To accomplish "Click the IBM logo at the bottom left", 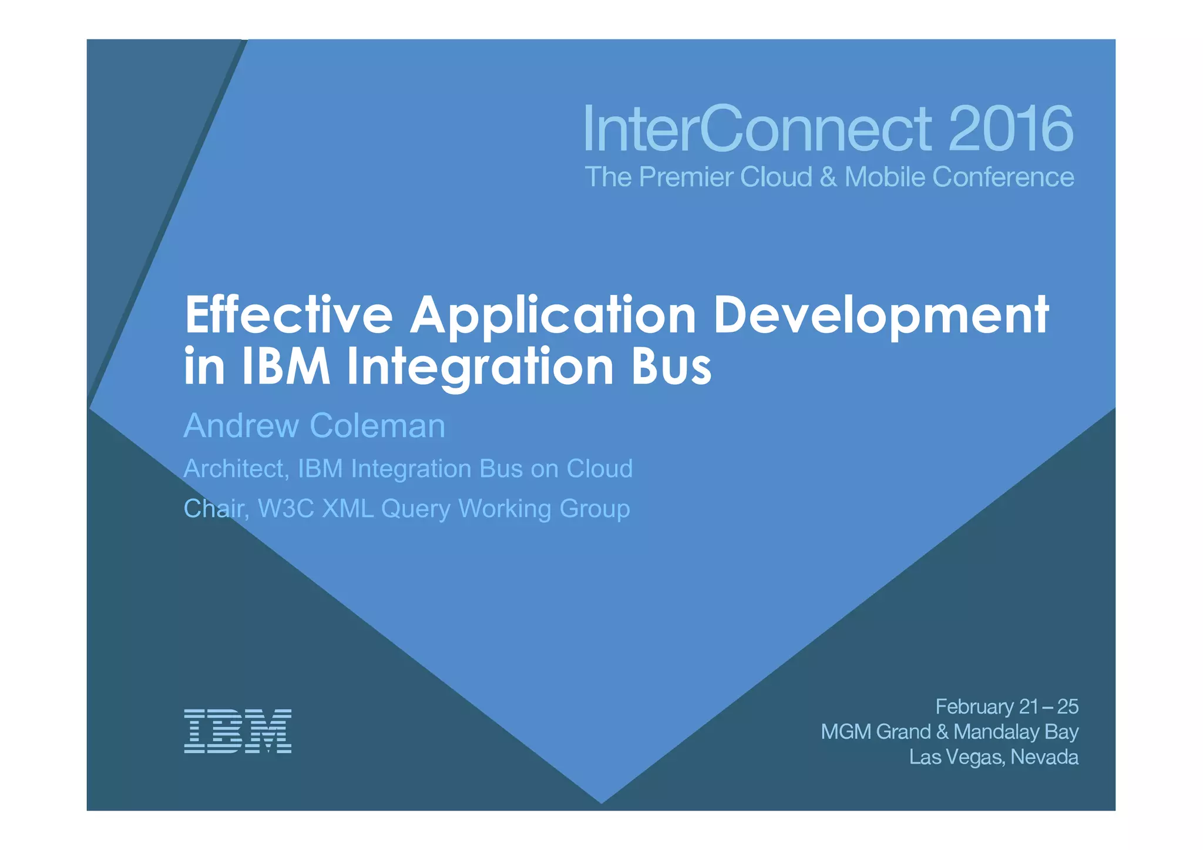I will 237,731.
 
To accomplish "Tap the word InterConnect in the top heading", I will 757,128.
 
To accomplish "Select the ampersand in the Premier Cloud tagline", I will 828,177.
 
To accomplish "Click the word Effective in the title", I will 288,315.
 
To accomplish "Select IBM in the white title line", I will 286,367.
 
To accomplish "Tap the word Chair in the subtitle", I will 214,509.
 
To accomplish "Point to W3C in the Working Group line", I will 286,509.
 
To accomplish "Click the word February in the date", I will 974,707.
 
